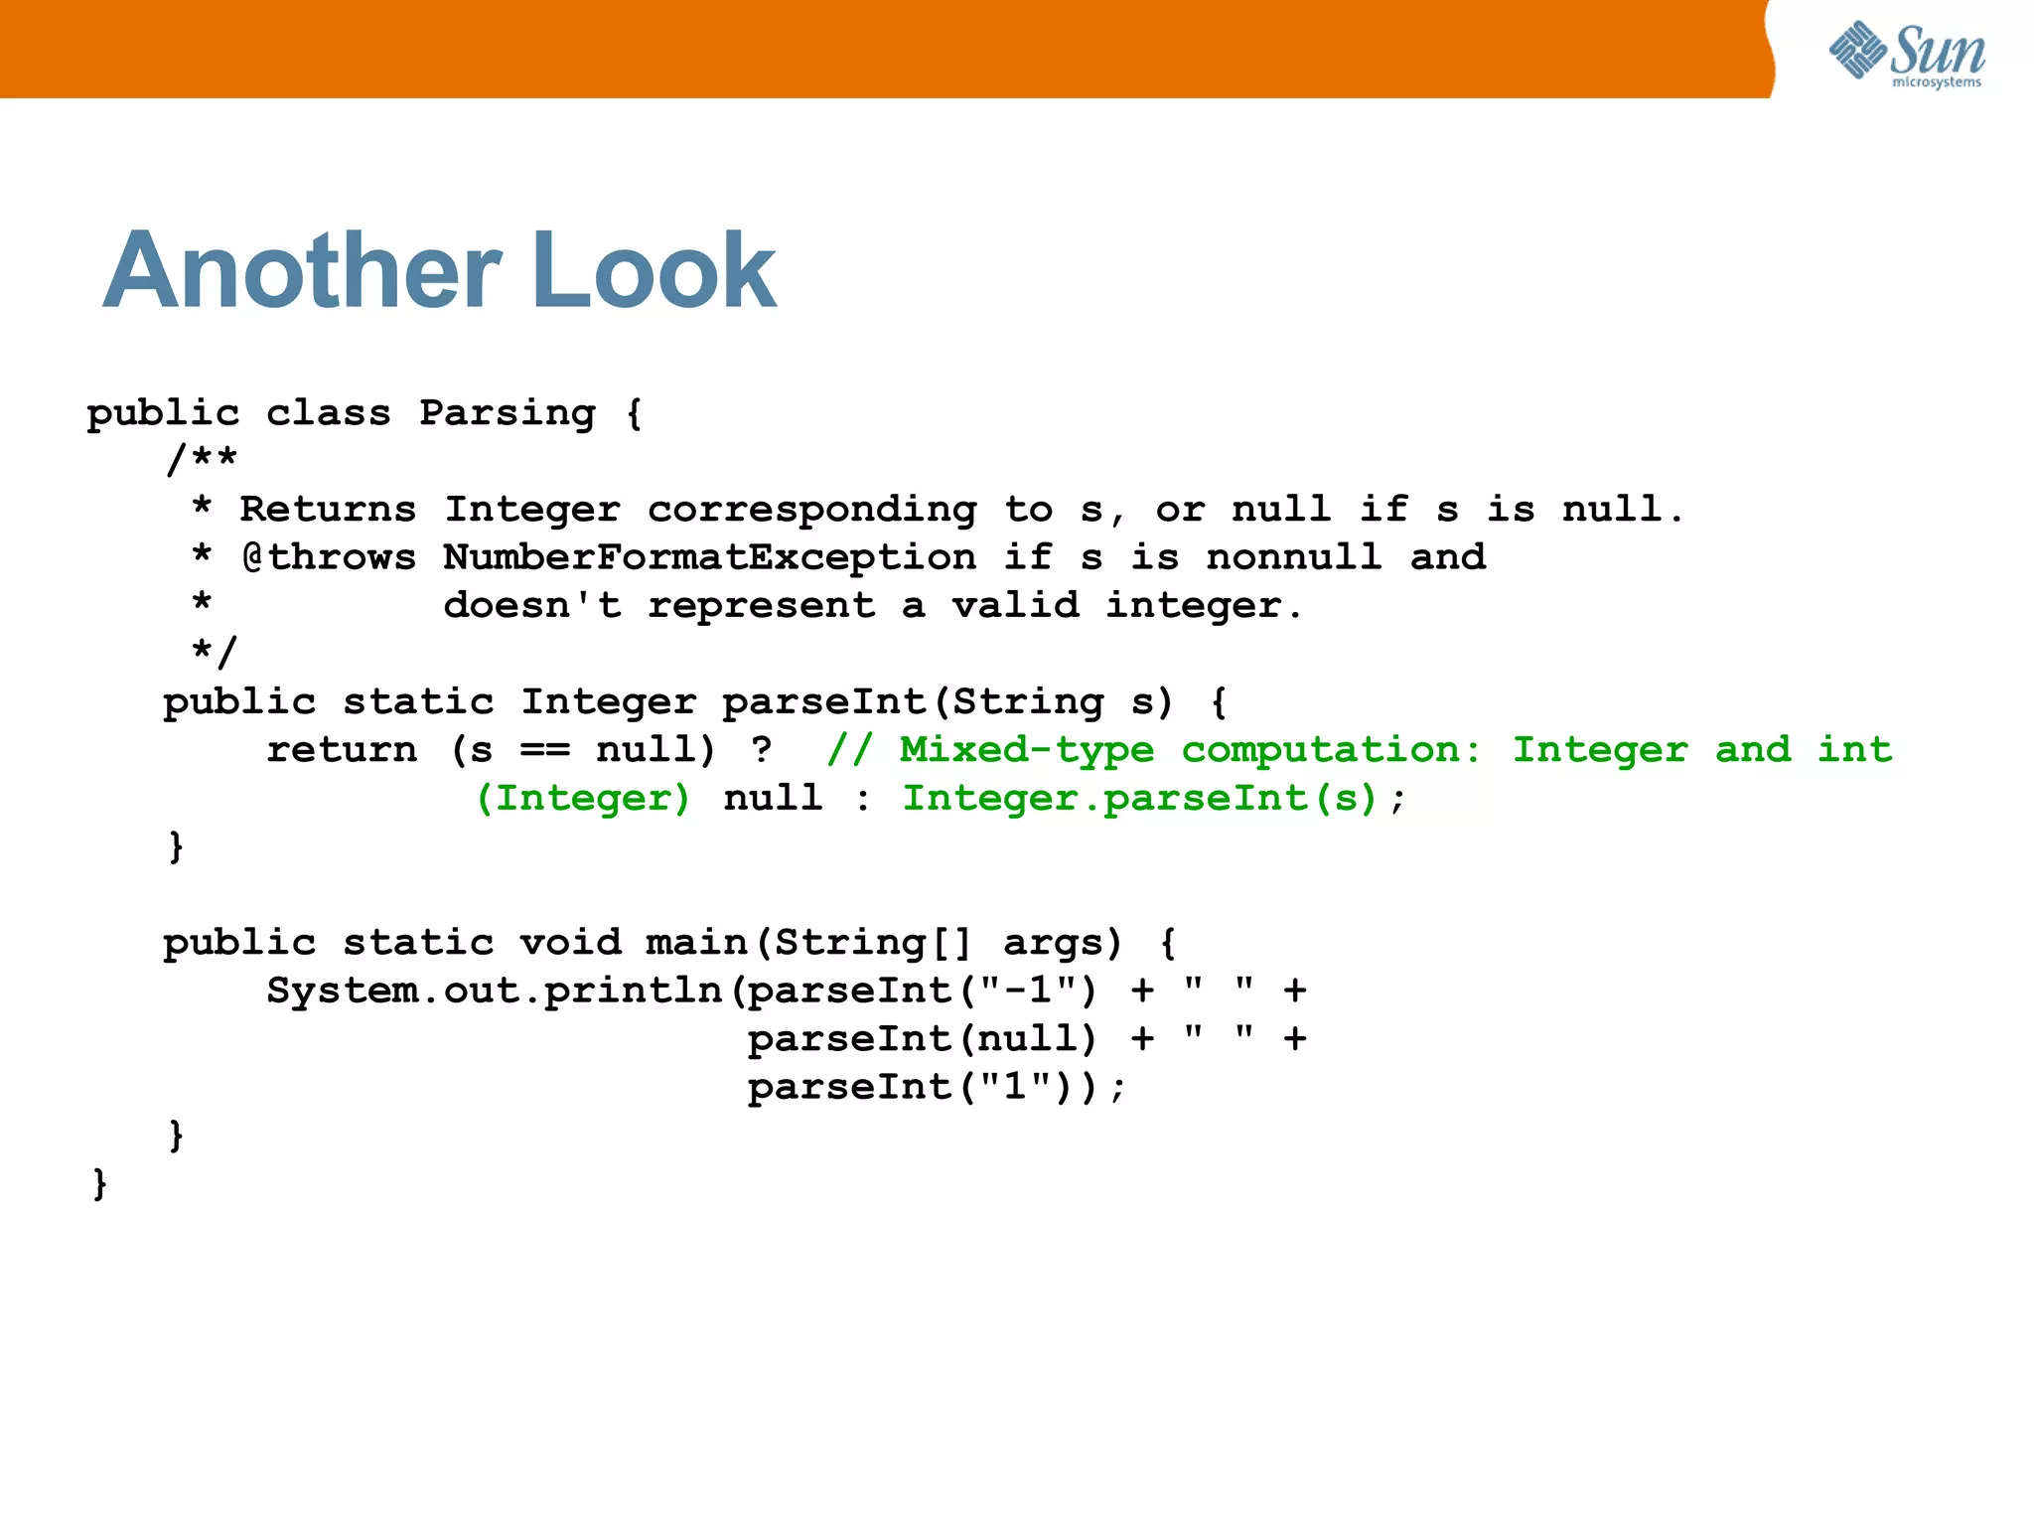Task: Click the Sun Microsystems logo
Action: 1907,54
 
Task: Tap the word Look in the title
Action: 654,270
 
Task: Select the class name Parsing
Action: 508,413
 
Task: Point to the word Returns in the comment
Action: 328,510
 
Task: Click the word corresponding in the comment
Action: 811,510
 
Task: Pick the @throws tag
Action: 329,557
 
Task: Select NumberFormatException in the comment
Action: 709,557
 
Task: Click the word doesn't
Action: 532,605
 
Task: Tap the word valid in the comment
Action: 1015,605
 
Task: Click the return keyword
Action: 342,750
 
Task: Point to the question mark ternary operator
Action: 762,750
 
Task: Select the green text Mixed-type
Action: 1027,750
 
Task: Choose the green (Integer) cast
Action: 584,798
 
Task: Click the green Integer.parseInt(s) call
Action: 1140,798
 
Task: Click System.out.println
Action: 495,991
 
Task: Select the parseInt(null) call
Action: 922,1039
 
